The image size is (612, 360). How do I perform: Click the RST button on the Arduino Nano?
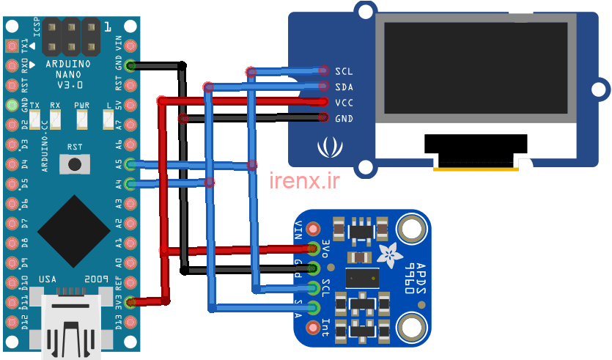(x=74, y=165)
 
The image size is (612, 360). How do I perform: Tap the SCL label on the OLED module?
(x=344, y=72)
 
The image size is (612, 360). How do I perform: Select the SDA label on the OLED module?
(x=344, y=87)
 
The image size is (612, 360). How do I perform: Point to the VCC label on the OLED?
(x=344, y=103)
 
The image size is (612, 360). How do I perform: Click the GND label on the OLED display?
(x=344, y=119)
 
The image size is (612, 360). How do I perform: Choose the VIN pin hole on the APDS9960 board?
(x=314, y=228)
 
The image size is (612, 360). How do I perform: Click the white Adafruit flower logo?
(x=388, y=254)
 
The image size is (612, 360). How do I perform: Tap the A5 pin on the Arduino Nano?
(x=130, y=164)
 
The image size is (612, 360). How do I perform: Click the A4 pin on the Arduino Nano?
(x=130, y=183)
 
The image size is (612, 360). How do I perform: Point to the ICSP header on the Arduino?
(x=71, y=39)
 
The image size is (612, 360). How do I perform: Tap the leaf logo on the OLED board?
(x=327, y=149)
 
